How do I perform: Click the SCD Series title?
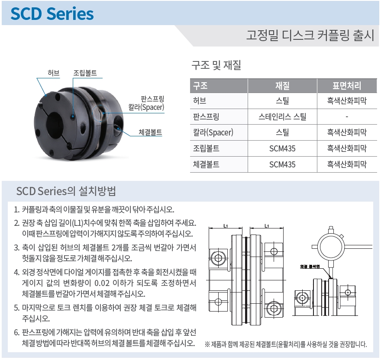click(x=52, y=13)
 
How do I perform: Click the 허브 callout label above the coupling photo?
click(x=53, y=73)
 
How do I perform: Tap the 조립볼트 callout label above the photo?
click(x=85, y=73)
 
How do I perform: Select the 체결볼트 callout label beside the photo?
click(x=150, y=132)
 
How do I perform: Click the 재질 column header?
click(x=282, y=86)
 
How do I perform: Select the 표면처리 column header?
click(x=347, y=86)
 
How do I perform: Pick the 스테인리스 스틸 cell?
click(x=282, y=117)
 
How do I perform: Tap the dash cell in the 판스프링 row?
click(x=347, y=117)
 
